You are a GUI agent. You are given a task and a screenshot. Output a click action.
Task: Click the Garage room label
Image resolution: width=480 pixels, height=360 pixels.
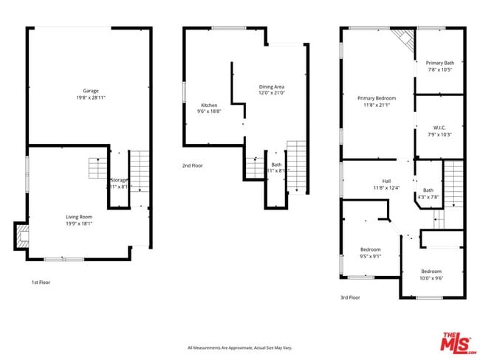[90, 91]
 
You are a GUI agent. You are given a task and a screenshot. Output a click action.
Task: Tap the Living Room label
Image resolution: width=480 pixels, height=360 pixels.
[79, 216]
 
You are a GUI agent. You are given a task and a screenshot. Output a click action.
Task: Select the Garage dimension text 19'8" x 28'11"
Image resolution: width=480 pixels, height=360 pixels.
[90, 97]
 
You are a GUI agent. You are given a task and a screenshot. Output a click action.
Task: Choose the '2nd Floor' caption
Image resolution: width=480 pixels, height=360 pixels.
[192, 165]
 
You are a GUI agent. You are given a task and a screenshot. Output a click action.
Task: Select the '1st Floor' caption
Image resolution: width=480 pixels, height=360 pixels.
[41, 282]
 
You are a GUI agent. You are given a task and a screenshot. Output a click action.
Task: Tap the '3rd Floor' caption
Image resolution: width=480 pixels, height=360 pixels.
[349, 297]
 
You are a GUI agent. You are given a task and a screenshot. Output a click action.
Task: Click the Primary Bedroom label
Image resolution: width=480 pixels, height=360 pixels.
[377, 98]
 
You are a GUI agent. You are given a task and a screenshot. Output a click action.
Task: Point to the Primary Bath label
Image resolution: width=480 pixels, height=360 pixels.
[440, 63]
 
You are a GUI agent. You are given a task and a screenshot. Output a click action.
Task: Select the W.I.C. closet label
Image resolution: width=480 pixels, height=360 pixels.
[439, 128]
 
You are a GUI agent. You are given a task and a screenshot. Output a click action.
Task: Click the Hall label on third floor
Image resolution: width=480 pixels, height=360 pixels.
[385, 181]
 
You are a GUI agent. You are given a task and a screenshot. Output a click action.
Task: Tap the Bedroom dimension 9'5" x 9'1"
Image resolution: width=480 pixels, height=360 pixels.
[371, 256]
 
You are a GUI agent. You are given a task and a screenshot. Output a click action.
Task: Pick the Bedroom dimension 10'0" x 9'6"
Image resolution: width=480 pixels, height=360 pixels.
[431, 278]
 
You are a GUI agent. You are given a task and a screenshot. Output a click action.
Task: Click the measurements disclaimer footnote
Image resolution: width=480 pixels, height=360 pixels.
[240, 347]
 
